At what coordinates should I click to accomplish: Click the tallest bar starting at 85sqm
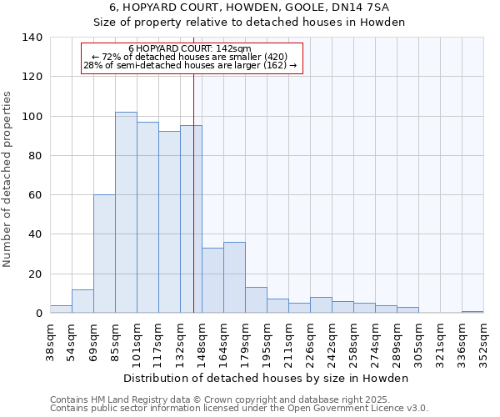pos(126,213)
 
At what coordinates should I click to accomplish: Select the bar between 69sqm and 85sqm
pos(104,254)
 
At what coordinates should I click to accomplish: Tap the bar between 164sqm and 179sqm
pos(234,278)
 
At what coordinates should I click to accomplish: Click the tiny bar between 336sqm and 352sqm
pos(472,312)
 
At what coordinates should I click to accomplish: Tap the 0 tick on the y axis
pos(38,314)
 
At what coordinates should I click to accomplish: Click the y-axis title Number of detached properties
pos(7,175)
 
